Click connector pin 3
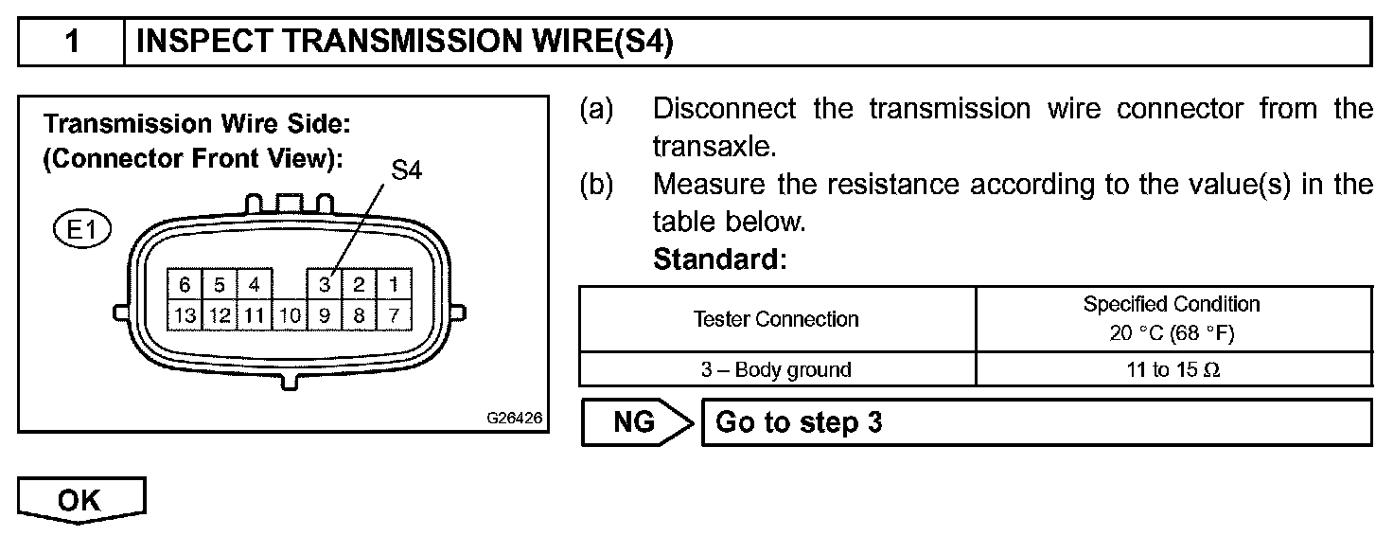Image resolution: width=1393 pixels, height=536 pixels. click(324, 284)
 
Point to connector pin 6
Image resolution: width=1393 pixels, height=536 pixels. click(185, 284)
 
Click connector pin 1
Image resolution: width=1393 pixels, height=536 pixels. click(394, 284)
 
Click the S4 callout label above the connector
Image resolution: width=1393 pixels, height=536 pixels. click(406, 171)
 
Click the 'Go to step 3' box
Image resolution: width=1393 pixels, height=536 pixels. click(1036, 422)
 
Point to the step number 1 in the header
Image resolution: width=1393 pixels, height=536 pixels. click(72, 43)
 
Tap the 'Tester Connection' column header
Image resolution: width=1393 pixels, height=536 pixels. click(776, 319)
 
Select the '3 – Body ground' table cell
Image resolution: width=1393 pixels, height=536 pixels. click(776, 369)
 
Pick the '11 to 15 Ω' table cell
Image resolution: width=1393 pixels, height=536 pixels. click(1173, 369)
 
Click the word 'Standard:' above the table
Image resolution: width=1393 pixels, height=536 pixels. click(719, 259)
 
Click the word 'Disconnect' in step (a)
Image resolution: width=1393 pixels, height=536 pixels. click(724, 109)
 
